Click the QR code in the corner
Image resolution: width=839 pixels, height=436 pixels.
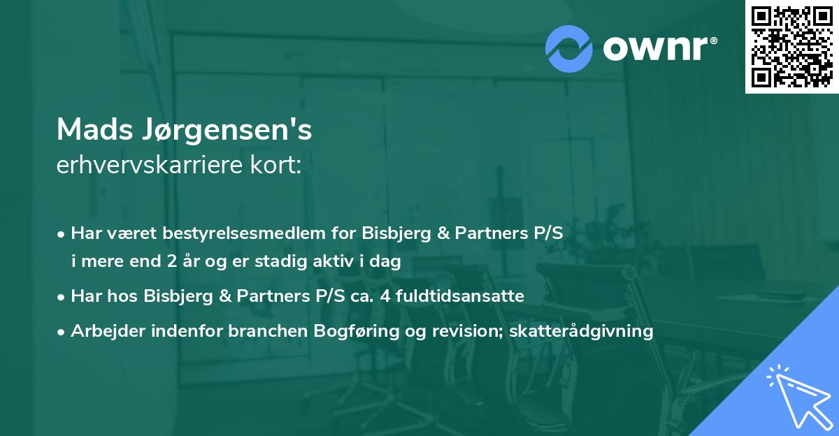click(x=791, y=47)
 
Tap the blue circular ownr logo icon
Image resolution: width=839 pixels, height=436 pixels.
click(x=569, y=49)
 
